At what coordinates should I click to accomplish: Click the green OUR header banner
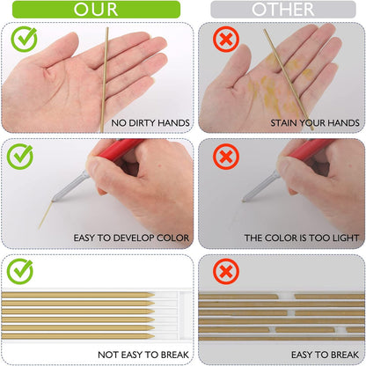pyautogui.click(x=96, y=10)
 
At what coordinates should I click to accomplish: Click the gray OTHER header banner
pyautogui.click(x=283, y=10)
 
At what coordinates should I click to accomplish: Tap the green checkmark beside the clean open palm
pyautogui.click(x=24, y=39)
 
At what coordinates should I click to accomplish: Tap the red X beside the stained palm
pyautogui.click(x=226, y=39)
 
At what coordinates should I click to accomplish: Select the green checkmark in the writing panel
pyautogui.click(x=20, y=157)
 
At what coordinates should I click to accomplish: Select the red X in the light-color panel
pyautogui.click(x=226, y=157)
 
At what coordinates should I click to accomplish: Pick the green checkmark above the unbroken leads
pyautogui.click(x=20, y=272)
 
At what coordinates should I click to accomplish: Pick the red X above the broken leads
pyautogui.click(x=226, y=272)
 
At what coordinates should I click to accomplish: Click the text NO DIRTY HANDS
pyautogui.click(x=150, y=123)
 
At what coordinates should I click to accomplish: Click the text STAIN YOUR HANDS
pyautogui.click(x=315, y=123)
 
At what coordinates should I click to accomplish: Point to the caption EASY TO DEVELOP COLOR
pyautogui.click(x=131, y=238)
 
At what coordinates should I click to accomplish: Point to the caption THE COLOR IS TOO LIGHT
pyautogui.click(x=302, y=238)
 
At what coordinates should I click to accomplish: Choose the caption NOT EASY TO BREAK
pyautogui.click(x=143, y=355)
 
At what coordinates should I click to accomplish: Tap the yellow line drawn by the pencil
pyautogui.click(x=45, y=215)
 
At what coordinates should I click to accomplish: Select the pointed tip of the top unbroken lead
pyautogui.click(x=153, y=295)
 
